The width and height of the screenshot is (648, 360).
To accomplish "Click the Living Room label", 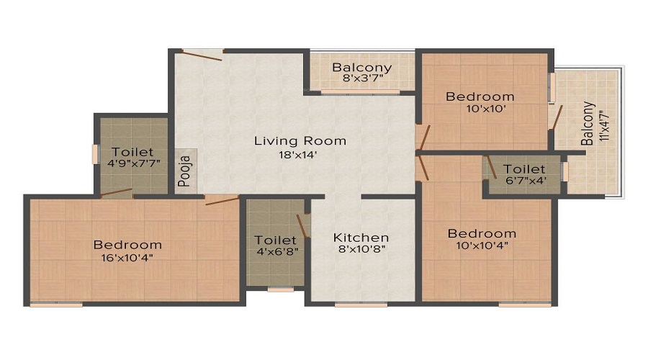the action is tap(300, 141).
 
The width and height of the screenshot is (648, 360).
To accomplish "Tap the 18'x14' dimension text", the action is tap(298, 155).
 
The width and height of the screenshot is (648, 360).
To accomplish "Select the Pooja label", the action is tap(185, 171).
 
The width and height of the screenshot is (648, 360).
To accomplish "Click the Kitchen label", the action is tap(361, 238).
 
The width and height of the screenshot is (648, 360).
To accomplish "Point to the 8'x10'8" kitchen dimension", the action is tap(361, 249).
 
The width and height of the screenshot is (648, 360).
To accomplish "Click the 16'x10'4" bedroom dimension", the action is tap(127, 258).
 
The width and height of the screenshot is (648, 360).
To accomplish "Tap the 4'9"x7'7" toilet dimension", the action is tap(133, 163).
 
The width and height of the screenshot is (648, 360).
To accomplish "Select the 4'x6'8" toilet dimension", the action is tap(277, 251).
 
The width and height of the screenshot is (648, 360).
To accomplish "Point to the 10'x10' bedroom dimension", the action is tap(480, 109).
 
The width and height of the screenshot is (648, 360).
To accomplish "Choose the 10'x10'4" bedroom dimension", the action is tap(482, 246).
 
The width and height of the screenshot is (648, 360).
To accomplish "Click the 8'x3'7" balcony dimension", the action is tap(363, 78).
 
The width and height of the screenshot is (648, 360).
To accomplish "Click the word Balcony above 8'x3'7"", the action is tap(362, 67).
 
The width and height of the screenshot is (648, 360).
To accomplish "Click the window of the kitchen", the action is tap(361, 305).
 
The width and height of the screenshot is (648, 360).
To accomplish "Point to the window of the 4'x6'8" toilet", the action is tap(281, 289).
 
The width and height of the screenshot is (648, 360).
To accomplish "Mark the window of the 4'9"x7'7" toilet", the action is tap(96, 154).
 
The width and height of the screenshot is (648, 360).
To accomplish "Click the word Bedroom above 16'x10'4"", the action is tap(127, 245).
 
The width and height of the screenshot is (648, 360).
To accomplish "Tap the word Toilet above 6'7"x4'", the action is tap(524, 169).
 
